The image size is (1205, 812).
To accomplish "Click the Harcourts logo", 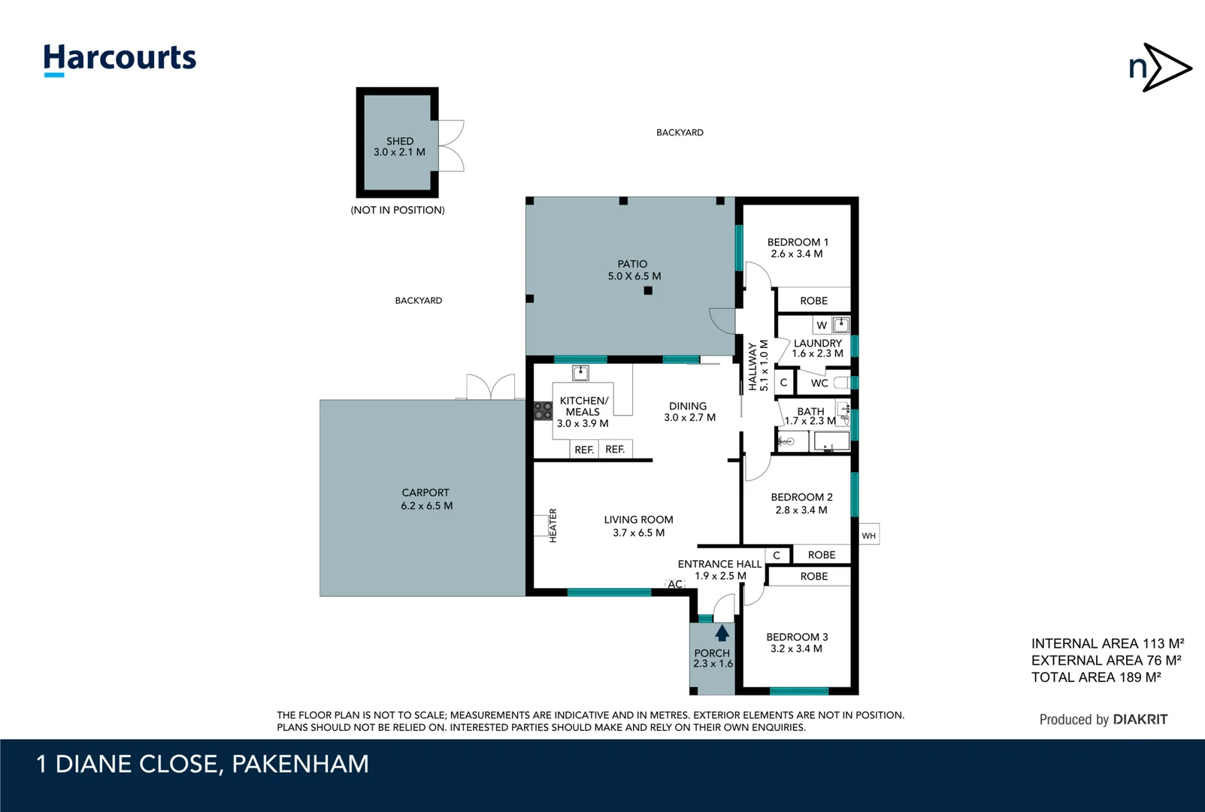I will point(120,59).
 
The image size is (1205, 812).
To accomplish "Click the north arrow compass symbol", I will point(1160,68).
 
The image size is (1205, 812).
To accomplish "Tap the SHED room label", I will point(400,141).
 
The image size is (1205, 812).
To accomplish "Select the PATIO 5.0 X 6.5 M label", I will point(634,270).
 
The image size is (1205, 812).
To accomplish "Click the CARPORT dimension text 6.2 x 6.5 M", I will point(426,506).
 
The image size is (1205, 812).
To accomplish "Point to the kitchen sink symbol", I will point(580,373).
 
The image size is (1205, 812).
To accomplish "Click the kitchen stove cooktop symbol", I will point(543,411).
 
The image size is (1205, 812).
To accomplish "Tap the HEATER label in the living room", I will point(553,525).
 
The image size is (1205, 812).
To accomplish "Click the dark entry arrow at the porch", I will point(722,632).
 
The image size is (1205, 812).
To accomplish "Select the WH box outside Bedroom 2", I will point(869,535).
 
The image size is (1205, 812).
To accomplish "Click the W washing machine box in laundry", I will point(822,326).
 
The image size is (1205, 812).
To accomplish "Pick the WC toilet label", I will point(819,383).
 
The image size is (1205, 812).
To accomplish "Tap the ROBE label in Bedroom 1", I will point(813,301).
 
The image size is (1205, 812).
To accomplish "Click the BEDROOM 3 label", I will point(797,637).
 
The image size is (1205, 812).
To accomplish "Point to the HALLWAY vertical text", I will point(752,366).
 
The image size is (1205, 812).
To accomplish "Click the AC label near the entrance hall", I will point(675,584).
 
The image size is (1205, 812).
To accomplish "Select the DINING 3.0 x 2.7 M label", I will point(689,411).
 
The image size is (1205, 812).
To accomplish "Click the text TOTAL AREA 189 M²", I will point(1095,677).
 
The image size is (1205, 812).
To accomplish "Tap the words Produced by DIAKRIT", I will point(1103,720).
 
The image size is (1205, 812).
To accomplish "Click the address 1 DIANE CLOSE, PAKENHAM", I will point(203,764).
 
